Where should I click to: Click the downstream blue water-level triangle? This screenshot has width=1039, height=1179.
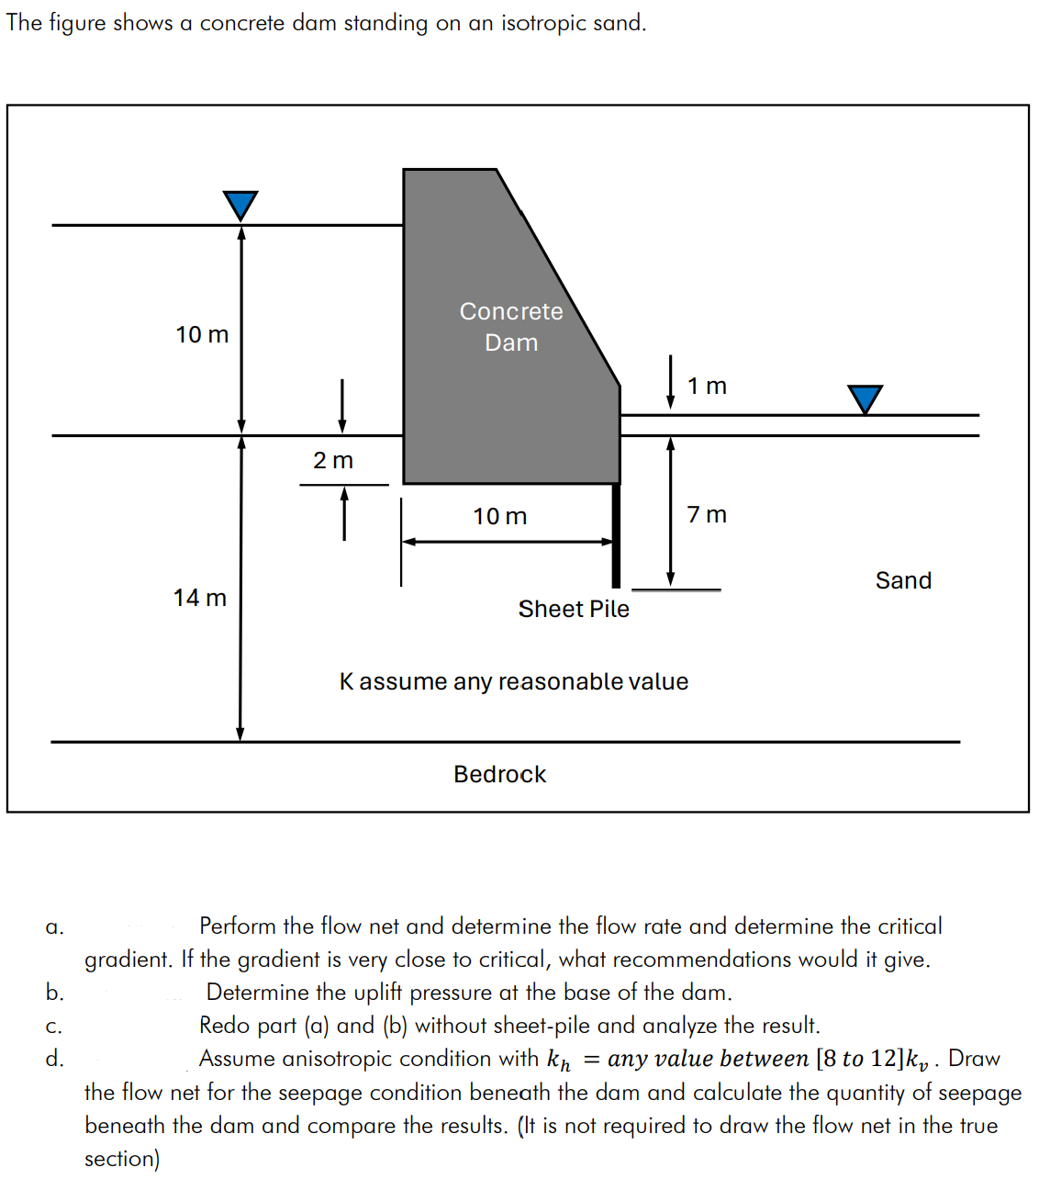click(865, 398)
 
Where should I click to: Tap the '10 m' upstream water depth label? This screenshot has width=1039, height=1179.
click(202, 334)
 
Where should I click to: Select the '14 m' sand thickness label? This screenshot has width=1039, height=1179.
click(199, 598)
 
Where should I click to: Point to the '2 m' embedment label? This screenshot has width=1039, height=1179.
click(332, 460)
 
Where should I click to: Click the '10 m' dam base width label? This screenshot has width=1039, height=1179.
click(500, 517)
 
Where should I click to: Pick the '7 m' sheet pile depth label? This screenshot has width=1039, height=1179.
click(707, 514)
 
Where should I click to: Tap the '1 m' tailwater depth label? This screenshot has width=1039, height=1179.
click(707, 386)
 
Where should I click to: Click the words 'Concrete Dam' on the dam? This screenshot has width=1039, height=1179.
click(511, 327)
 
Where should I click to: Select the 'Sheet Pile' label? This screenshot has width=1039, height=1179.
click(574, 609)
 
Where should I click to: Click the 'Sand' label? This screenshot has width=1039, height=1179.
click(903, 580)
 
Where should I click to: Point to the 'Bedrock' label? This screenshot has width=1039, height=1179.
click(499, 774)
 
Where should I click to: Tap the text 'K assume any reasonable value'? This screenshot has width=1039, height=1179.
click(513, 681)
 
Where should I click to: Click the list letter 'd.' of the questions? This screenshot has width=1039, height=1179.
click(55, 1059)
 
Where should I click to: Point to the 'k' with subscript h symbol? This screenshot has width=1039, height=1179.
click(558, 1061)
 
